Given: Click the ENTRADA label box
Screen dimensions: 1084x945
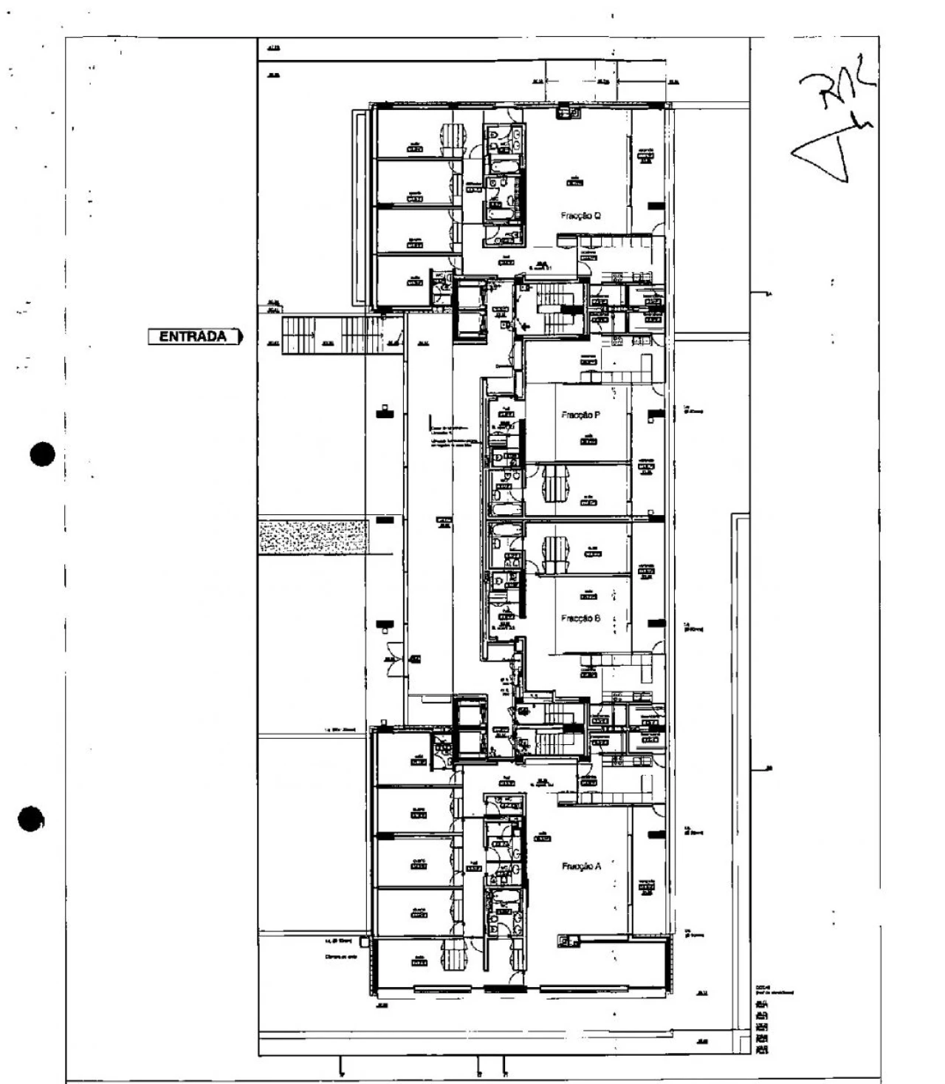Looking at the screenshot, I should (195, 337).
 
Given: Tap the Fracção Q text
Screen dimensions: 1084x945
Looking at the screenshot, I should (580, 216).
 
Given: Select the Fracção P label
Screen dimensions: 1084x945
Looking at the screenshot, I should (580, 415).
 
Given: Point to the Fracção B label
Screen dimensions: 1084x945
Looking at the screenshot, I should (580, 618).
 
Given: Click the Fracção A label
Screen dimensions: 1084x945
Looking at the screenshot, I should (580, 867).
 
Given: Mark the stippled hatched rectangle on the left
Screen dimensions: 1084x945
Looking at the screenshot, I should (312, 536).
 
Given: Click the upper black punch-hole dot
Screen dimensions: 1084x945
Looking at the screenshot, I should (44, 454).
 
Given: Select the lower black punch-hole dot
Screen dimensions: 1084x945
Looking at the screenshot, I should (31, 819).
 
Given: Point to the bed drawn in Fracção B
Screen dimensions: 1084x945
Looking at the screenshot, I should (554, 556).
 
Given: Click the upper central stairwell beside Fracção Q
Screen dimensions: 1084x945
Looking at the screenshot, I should (550, 309).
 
